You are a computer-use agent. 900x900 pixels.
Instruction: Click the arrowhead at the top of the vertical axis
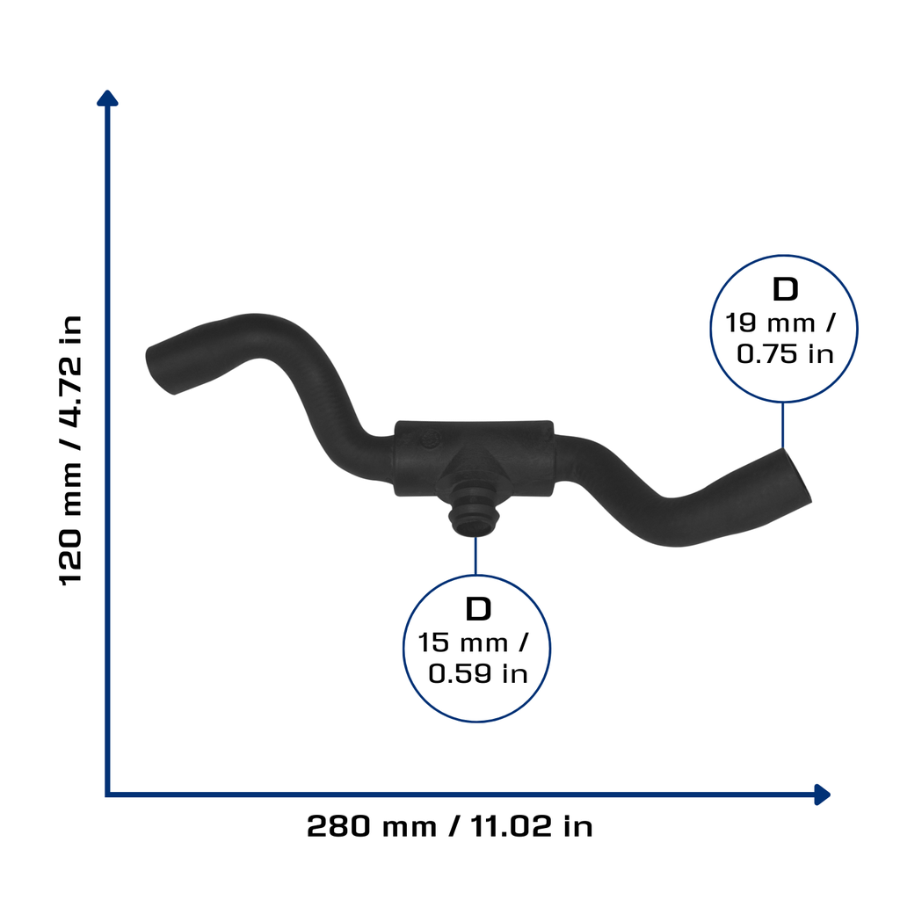tap(107, 98)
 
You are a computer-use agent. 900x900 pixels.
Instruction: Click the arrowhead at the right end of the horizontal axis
tap(822, 795)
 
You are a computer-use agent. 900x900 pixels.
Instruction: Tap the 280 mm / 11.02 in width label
tap(449, 826)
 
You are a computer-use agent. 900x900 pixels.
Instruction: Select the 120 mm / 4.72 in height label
tap(71, 450)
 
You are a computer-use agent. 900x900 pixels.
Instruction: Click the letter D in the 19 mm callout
tap(785, 289)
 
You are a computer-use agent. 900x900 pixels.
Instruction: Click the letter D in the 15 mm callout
tap(478, 609)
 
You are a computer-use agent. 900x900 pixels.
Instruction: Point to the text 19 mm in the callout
tap(770, 323)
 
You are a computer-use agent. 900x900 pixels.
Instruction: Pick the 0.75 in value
tap(785, 354)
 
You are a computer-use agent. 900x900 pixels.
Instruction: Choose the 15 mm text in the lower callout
tap(462, 642)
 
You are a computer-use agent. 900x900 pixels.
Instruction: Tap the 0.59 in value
tap(478, 674)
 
